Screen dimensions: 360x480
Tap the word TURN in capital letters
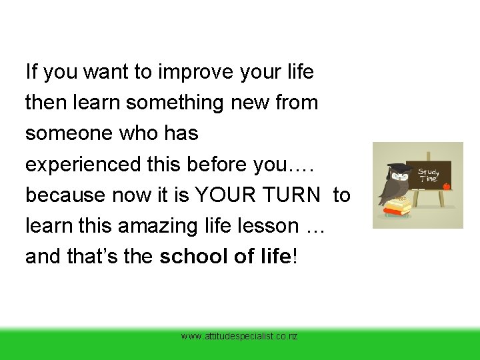click(x=301, y=195)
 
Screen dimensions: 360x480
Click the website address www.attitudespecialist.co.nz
click(x=239, y=337)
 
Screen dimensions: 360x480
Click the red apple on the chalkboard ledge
click(x=446, y=186)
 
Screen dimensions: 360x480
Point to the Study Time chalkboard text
click(x=428, y=175)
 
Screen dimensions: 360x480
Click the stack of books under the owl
click(x=397, y=208)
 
